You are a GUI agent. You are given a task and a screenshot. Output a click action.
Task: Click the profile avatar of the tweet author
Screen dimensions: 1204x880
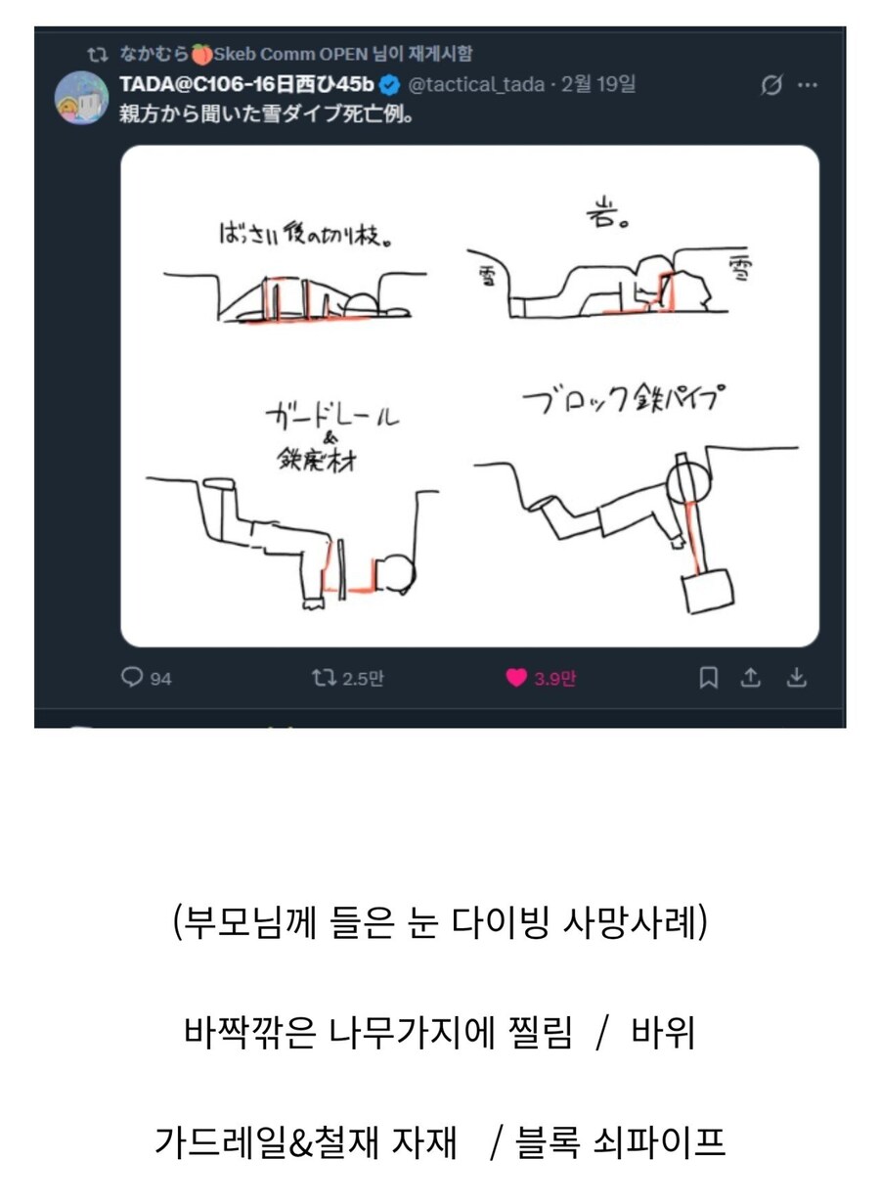coord(81,98)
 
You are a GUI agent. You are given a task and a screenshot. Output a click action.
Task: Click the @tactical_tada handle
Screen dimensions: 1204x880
coord(475,85)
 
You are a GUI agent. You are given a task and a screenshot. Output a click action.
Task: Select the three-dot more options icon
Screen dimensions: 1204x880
coord(807,85)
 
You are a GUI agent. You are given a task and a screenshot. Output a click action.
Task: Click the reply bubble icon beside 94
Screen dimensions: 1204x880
coord(132,678)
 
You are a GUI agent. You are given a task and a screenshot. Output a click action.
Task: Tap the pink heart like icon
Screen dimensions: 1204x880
coord(516,678)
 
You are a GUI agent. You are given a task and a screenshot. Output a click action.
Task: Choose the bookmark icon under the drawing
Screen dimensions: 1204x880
coord(709,678)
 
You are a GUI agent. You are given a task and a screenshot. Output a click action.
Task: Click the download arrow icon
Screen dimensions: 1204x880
coord(796,678)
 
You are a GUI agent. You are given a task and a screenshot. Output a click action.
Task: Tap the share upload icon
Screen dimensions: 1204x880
coord(751,678)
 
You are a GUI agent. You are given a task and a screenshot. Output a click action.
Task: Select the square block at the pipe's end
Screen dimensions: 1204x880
coord(706,593)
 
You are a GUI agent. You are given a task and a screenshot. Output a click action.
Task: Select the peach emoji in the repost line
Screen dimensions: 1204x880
coord(202,54)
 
